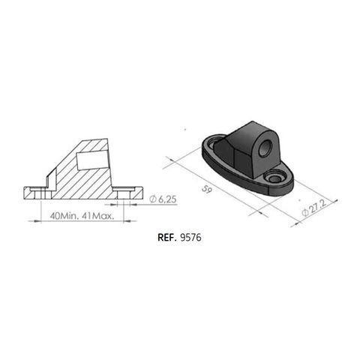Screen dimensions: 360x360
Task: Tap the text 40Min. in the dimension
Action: [64, 215]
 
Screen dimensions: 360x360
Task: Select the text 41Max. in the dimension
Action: [98, 215]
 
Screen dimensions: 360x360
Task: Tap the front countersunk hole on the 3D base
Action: [275, 178]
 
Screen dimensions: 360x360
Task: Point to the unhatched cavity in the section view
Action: [90, 160]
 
